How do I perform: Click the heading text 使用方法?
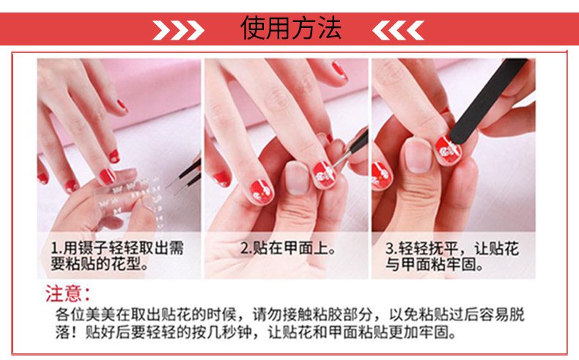click(291, 28)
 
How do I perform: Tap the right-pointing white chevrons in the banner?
click(178, 30)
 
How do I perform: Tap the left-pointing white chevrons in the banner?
click(398, 30)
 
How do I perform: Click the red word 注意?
click(67, 293)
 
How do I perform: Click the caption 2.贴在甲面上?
click(288, 249)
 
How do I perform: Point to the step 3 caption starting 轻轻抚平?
click(452, 257)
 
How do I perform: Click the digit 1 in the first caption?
click(55, 248)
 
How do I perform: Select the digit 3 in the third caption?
click(390, 249)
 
